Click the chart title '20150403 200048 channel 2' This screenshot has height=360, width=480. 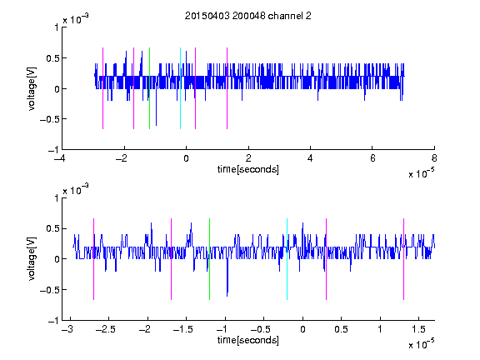pos(248,16)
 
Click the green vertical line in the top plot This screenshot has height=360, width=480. pos(149,88)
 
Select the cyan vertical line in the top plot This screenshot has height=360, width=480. pos(180,88)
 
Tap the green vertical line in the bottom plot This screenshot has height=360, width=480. pos(209,259)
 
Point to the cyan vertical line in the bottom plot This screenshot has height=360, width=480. pos(287,259)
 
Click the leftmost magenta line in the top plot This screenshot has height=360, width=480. pos(102,88)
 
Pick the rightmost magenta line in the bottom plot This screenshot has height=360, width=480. pos(403,259)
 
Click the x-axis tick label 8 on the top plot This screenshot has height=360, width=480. pos(434,158)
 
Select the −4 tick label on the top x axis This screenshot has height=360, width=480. pos(60,158)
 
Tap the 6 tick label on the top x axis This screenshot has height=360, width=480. pos(372,158)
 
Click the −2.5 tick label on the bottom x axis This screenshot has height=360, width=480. pos(105,329)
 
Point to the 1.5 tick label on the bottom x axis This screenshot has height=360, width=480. pos(419,329)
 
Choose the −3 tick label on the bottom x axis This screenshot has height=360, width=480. pos(67,329)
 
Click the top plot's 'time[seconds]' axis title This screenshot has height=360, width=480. pos(248,169)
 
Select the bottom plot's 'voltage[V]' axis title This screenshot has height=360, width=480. pos(32,259)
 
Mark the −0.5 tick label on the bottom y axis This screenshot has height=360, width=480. pos(49,290)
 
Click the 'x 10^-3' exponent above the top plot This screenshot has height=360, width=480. pos(76,19)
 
